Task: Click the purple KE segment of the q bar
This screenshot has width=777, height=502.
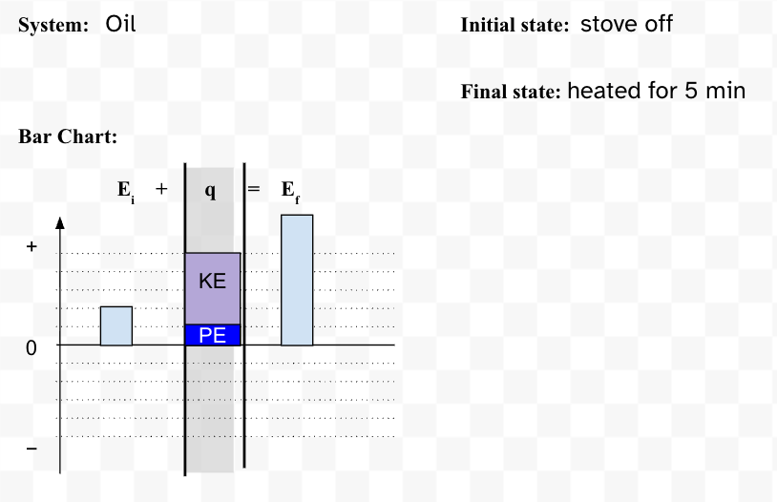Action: click(213, 288)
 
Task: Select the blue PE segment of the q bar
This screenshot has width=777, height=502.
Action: click(213, 335)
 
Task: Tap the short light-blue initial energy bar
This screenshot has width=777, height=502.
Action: click(116, 325)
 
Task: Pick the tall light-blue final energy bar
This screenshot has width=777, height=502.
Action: click(297, 280)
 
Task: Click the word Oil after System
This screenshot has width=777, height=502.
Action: click(120, 24)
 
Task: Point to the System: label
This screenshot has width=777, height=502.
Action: click(53, 25)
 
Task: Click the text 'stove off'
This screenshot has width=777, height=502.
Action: click(626, 24)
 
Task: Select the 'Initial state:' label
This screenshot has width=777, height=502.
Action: click(514, 25)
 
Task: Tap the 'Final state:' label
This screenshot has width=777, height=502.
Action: click(511, 92)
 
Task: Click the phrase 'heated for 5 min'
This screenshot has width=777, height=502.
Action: click(656, 91)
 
